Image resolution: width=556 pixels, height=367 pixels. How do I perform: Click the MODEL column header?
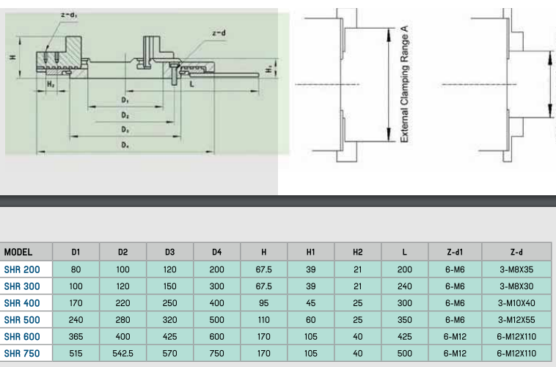(18, 252)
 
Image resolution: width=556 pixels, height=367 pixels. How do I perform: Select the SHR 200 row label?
(22, 270)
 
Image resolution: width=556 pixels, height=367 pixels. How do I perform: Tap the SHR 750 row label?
(22, 354)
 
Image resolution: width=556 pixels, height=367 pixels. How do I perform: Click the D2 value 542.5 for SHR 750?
(122, 354)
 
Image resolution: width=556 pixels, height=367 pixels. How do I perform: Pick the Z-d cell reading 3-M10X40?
(516, 303)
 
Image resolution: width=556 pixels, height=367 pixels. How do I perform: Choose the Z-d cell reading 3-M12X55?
(516, 320)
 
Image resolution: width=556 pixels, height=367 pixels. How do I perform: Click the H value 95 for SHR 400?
(263, 303)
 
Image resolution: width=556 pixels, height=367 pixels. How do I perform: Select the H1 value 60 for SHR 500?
(310, 320)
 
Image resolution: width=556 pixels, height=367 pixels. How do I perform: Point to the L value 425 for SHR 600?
(405, 336)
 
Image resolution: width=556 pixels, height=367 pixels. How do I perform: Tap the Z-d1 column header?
(455, 252)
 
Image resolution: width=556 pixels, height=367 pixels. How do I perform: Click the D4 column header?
(216, 252)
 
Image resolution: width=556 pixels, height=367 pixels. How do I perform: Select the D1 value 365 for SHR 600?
(76, 336)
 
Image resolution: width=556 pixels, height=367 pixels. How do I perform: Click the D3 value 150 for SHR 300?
(170, 286)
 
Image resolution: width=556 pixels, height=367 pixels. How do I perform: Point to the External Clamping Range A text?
(404, 84)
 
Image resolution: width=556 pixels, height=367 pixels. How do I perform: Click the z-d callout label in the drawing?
(219, 33)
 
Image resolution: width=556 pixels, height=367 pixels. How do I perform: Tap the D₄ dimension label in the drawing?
(125, 145)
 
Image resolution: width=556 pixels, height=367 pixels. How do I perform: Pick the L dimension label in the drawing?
(192, 84)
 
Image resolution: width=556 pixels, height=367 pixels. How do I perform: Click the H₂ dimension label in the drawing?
(51, 84)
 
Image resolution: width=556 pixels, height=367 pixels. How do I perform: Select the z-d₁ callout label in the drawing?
(70, 15)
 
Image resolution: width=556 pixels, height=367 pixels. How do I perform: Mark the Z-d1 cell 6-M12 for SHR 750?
(455, 354)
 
